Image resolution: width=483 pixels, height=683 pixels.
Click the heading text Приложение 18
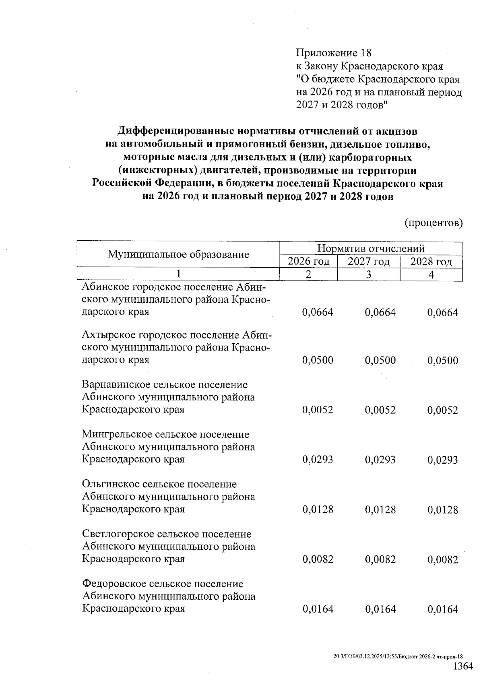[333, 53]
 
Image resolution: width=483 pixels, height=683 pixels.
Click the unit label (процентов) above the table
[433, 223]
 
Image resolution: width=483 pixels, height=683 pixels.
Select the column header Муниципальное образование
[178, 254]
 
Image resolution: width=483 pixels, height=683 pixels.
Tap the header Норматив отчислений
[371, 248]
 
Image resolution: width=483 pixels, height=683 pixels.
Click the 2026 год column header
[308, 262]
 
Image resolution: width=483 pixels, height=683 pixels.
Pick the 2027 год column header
[369, 262]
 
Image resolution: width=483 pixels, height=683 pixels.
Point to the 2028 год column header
[431, 262]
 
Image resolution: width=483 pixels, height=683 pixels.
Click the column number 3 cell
[369, 274]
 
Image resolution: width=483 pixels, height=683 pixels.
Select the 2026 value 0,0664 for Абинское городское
[318, 312]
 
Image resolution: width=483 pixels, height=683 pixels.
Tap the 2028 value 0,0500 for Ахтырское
[443, 360]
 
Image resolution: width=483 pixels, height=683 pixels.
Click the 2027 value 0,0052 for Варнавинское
[380, 410]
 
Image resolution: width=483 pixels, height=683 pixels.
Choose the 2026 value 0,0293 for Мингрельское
[318, 460]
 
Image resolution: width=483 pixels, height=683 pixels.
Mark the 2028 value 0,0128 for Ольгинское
[443, 510]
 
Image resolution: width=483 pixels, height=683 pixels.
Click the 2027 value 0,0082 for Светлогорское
[380, 559]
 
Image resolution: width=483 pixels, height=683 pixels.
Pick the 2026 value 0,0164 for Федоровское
[318, 609]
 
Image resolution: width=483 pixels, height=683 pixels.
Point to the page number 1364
[463, 666]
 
